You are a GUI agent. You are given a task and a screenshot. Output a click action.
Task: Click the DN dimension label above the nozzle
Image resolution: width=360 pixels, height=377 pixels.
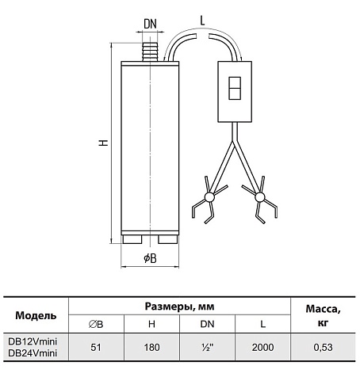click(150, 24)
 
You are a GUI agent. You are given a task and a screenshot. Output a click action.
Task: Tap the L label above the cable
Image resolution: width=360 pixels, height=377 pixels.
click(202, 21)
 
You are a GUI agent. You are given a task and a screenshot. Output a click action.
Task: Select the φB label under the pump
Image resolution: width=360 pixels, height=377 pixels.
click(150, 258)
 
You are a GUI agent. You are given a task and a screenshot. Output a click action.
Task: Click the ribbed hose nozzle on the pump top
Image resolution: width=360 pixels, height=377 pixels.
click(150, 51)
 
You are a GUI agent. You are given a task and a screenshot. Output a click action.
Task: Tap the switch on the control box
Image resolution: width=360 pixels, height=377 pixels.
click(235, 88)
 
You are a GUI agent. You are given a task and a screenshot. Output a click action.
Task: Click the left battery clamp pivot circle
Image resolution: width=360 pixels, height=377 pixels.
click(210, 197)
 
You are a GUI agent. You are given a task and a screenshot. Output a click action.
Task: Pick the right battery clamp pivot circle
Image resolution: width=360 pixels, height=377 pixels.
click(259, 196)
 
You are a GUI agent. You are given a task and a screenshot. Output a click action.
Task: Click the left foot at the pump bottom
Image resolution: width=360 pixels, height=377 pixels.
click(132, 239)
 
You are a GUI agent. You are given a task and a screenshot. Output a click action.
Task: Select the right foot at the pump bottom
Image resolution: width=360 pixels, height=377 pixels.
click(167, 239)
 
